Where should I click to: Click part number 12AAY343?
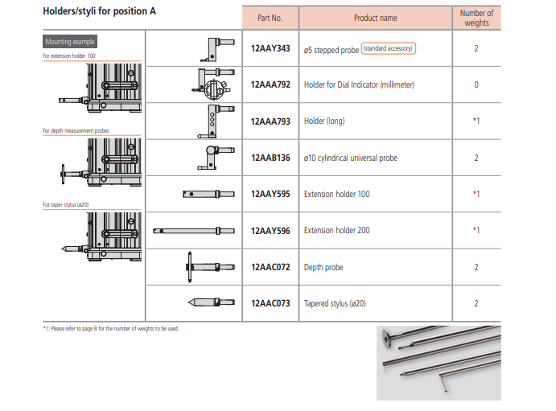pos(270,48)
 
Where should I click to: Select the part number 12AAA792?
pos(270,84)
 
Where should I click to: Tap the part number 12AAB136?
pos(270,158)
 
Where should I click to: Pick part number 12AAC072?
pos(270,267)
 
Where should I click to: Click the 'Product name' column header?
pos(376,18)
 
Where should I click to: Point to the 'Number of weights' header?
pos(476,18)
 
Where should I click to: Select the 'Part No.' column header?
pos(270,18)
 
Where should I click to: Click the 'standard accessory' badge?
pos(389,48)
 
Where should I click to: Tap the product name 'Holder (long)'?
pos(324,121)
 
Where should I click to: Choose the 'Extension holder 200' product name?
pos(336,230)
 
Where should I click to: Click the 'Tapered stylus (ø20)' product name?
pos(335,304)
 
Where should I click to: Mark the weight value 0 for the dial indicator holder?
pos(476,84)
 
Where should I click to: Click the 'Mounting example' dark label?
pos(70,42)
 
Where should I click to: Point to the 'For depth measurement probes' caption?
pos(76,131)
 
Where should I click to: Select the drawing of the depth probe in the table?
pos(210,267)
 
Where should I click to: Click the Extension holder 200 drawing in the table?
pos(194,231)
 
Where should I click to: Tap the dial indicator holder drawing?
pos(212,84)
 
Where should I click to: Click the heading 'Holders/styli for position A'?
pos(99,11)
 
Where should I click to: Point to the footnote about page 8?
pos(110,328)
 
